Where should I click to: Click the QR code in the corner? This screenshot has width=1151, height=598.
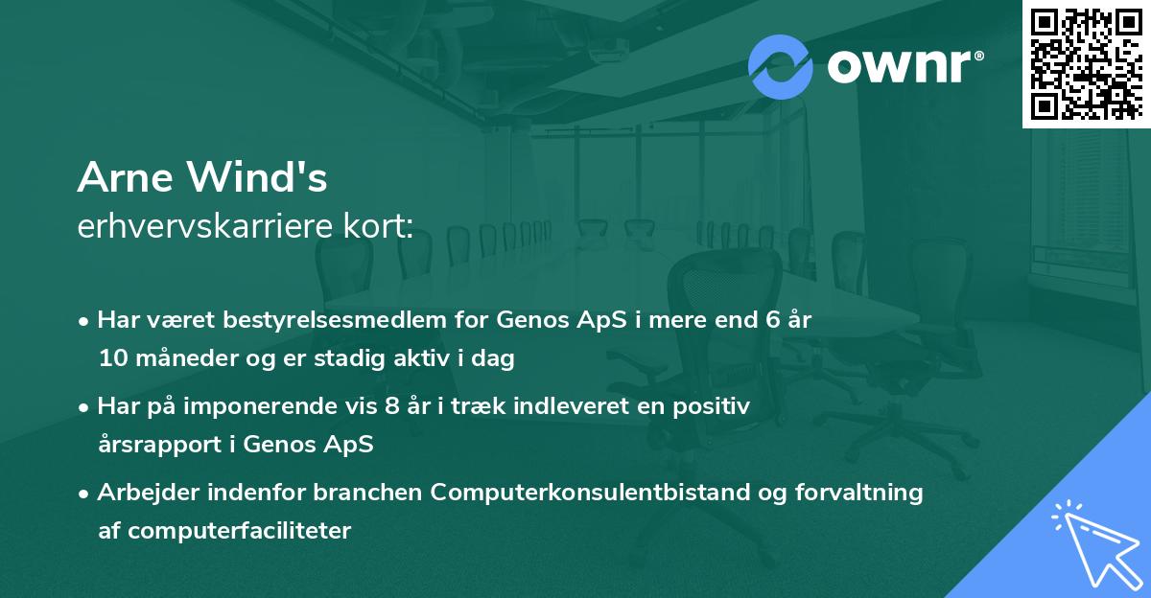1086,64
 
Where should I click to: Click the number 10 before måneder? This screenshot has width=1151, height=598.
111,359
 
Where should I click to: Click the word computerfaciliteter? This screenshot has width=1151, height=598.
237,531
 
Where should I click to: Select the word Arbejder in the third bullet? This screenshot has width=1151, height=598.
140,493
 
